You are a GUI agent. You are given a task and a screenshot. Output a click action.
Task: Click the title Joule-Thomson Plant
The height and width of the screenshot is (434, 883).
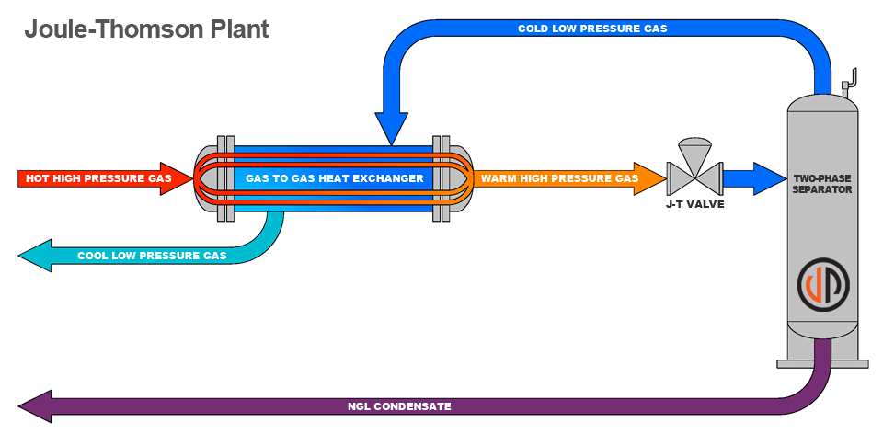point(146,29)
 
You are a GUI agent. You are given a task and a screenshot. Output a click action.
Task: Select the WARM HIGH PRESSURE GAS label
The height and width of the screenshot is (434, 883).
point(559,178)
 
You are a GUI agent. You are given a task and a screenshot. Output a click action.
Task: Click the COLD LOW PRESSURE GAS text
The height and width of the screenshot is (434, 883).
point(592,29)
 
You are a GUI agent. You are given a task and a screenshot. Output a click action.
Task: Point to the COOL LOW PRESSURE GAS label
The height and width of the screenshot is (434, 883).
point(152,256)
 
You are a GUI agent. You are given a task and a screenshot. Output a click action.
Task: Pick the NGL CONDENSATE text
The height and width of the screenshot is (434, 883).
point(399,405)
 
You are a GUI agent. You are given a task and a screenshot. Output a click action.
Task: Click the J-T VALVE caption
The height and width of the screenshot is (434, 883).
point(694,204)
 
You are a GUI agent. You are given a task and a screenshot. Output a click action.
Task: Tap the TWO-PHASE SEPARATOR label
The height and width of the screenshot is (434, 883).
point(822,183)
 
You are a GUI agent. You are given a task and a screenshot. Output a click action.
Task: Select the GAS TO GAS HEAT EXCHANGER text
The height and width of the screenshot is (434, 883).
point(335,178)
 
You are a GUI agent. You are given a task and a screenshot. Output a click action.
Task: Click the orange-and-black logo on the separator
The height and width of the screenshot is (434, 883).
point(822,284)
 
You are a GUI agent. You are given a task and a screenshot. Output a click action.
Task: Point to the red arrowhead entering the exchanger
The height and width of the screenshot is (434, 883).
point(181,178)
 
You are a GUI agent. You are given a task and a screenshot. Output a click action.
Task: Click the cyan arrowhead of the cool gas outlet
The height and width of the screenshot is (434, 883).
point(35,255)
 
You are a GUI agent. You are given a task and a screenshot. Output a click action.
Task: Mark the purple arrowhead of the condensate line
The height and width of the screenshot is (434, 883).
point(35,405)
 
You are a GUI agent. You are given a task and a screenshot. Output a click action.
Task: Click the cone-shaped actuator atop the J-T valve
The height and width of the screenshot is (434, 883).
point(694,150)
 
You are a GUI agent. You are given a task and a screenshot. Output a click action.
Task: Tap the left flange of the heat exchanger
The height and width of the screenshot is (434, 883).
point(223,178)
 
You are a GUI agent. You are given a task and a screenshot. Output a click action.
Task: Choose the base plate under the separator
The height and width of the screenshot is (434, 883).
point(822,364)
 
